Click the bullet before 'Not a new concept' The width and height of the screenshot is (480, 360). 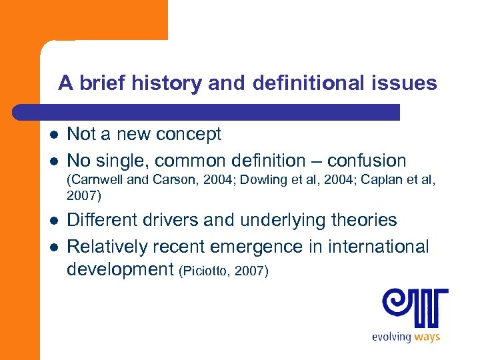click(x=53, y=135)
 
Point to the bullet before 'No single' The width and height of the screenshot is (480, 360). click(x=53, y=161)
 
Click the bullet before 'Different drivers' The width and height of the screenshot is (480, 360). click(x=53, y=221)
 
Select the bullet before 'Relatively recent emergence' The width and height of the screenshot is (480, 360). click(x=53, y=247)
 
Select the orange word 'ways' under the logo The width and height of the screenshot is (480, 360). click(x=427, y=337)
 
